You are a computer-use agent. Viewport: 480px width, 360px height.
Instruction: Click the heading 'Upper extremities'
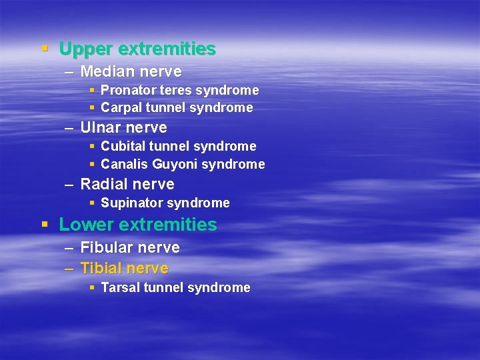pyautogui.click(x=137, y=49)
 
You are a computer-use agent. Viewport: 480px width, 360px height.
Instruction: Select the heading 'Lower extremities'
pyautogui.click(x=138, y=225)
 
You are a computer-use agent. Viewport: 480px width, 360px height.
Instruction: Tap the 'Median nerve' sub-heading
pyautogui.click(x=131, y=71)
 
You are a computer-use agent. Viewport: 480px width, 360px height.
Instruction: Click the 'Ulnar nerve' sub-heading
pyautogui.click(x=123, y=127)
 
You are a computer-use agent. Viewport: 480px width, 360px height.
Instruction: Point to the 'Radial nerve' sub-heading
pyautogui.click(x=127, y=184)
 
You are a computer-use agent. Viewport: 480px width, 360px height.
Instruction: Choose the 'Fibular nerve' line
pyautogui.click(x=130, y=247)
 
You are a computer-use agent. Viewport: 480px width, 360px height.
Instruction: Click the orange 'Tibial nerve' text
pyautogui.click(x=124, y=269)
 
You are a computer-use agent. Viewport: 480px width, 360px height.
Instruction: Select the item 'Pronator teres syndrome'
pyautogui.click(x=179, y=90)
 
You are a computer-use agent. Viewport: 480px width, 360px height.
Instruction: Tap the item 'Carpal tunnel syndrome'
pyautogui.click(x=177, y=107)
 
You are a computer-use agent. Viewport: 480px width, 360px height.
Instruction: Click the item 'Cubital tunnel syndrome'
pyautogui.click(x=178, y=146)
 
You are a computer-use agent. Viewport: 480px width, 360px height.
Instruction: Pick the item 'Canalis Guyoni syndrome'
pyautogui.click(x=183, y=164)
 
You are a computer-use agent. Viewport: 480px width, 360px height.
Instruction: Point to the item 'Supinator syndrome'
pyautogui.click(x=165, y=203)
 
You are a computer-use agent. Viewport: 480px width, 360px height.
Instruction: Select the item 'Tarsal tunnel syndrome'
pyautogui.click(x=175, y=288)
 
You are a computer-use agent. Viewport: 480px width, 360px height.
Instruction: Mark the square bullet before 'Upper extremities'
pyautogui.click(x=45, y=49)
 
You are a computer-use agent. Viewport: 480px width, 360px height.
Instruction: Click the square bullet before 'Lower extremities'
pyautogui.click(x=45, y=224)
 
